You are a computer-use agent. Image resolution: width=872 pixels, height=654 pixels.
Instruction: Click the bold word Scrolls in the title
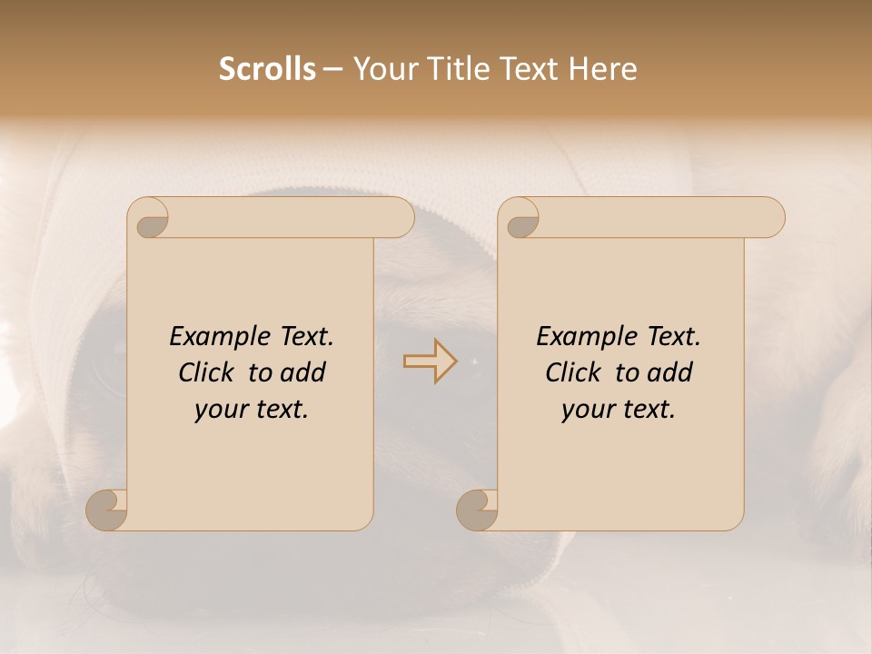[x=267, y=69]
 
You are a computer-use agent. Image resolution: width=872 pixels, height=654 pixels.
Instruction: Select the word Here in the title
[x=603, y=69]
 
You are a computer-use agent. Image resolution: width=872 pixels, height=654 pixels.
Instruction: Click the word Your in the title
[x=382, y=69]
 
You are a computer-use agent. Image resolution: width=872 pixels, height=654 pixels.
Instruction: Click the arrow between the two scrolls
[x=430, y=362]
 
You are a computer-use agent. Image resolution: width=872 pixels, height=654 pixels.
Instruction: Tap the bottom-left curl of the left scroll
[x=106, y=510]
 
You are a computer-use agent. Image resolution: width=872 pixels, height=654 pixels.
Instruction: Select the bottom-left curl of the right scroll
[x=477, y=510]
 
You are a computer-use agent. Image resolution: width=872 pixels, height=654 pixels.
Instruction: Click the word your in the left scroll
[x=219, y=411]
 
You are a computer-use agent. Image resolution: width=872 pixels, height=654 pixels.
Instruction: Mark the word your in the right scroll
[x=586, y=411]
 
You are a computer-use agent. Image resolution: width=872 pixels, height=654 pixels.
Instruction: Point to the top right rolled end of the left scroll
[x=400, y=218]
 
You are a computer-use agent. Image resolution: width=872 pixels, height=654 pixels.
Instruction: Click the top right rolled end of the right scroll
[x=770, y=218]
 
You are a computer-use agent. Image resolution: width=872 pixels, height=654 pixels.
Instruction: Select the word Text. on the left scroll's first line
[x=302, y=337]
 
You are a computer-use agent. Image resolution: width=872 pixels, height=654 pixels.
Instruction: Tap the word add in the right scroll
[x=672, y=372]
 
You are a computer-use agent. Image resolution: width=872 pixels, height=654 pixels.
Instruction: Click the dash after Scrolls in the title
[x=332, y=70]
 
